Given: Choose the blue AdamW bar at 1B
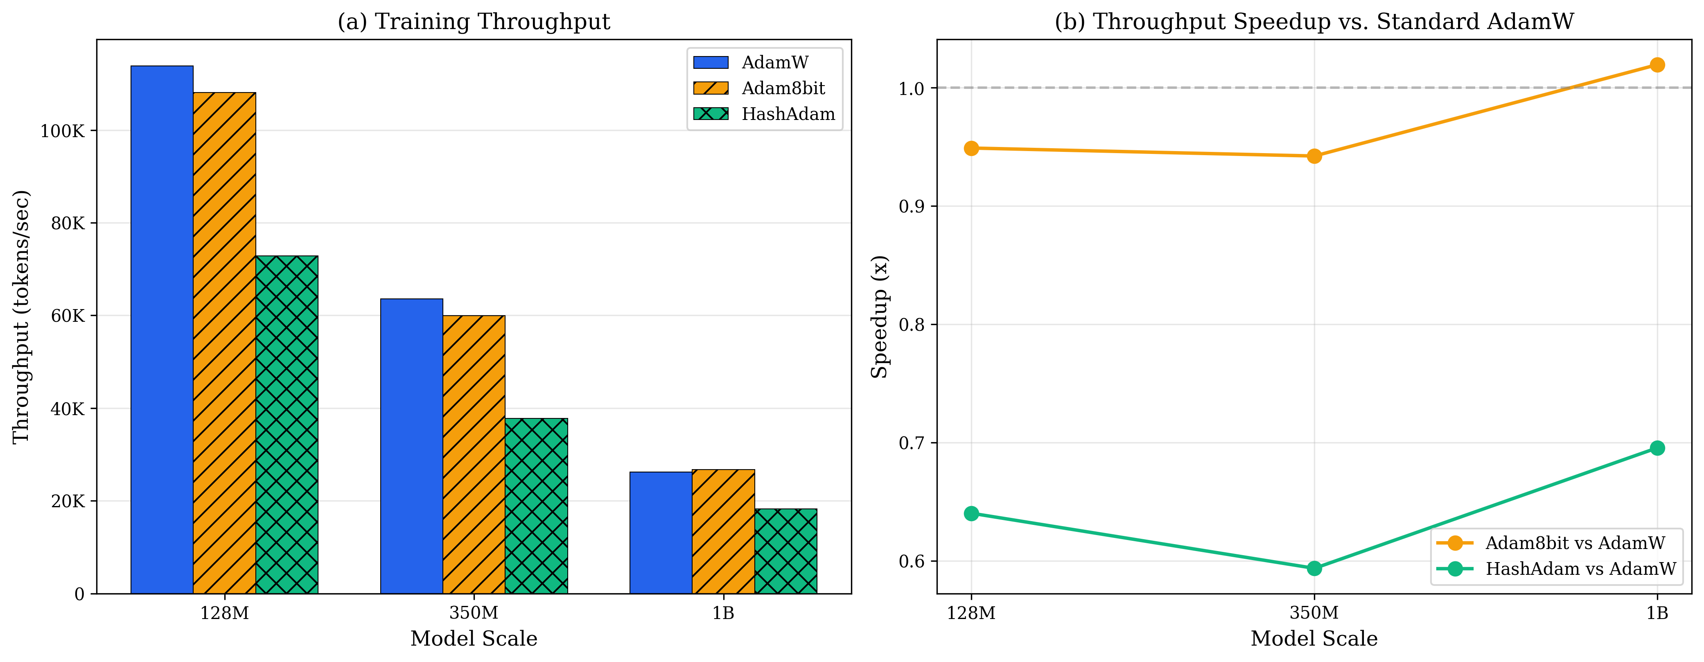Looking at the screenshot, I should tap(661, 532).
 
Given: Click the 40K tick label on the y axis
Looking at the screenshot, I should tap(68, 409).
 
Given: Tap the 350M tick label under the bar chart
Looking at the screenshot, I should tap(474, 613).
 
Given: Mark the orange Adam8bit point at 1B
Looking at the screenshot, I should tap(1657, 65).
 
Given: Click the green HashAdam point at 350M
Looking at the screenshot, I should tap(1314, 568).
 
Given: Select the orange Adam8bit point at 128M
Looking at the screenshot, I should tap(971, 148).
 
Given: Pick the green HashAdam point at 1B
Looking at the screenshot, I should tap(1657, 448).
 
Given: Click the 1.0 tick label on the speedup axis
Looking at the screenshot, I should tap(912, 88).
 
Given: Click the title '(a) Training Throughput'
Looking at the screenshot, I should tap(474, 21).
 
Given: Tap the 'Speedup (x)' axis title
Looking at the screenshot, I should tap(879, 317).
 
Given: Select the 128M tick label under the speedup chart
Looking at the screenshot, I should tap(971, 613).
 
